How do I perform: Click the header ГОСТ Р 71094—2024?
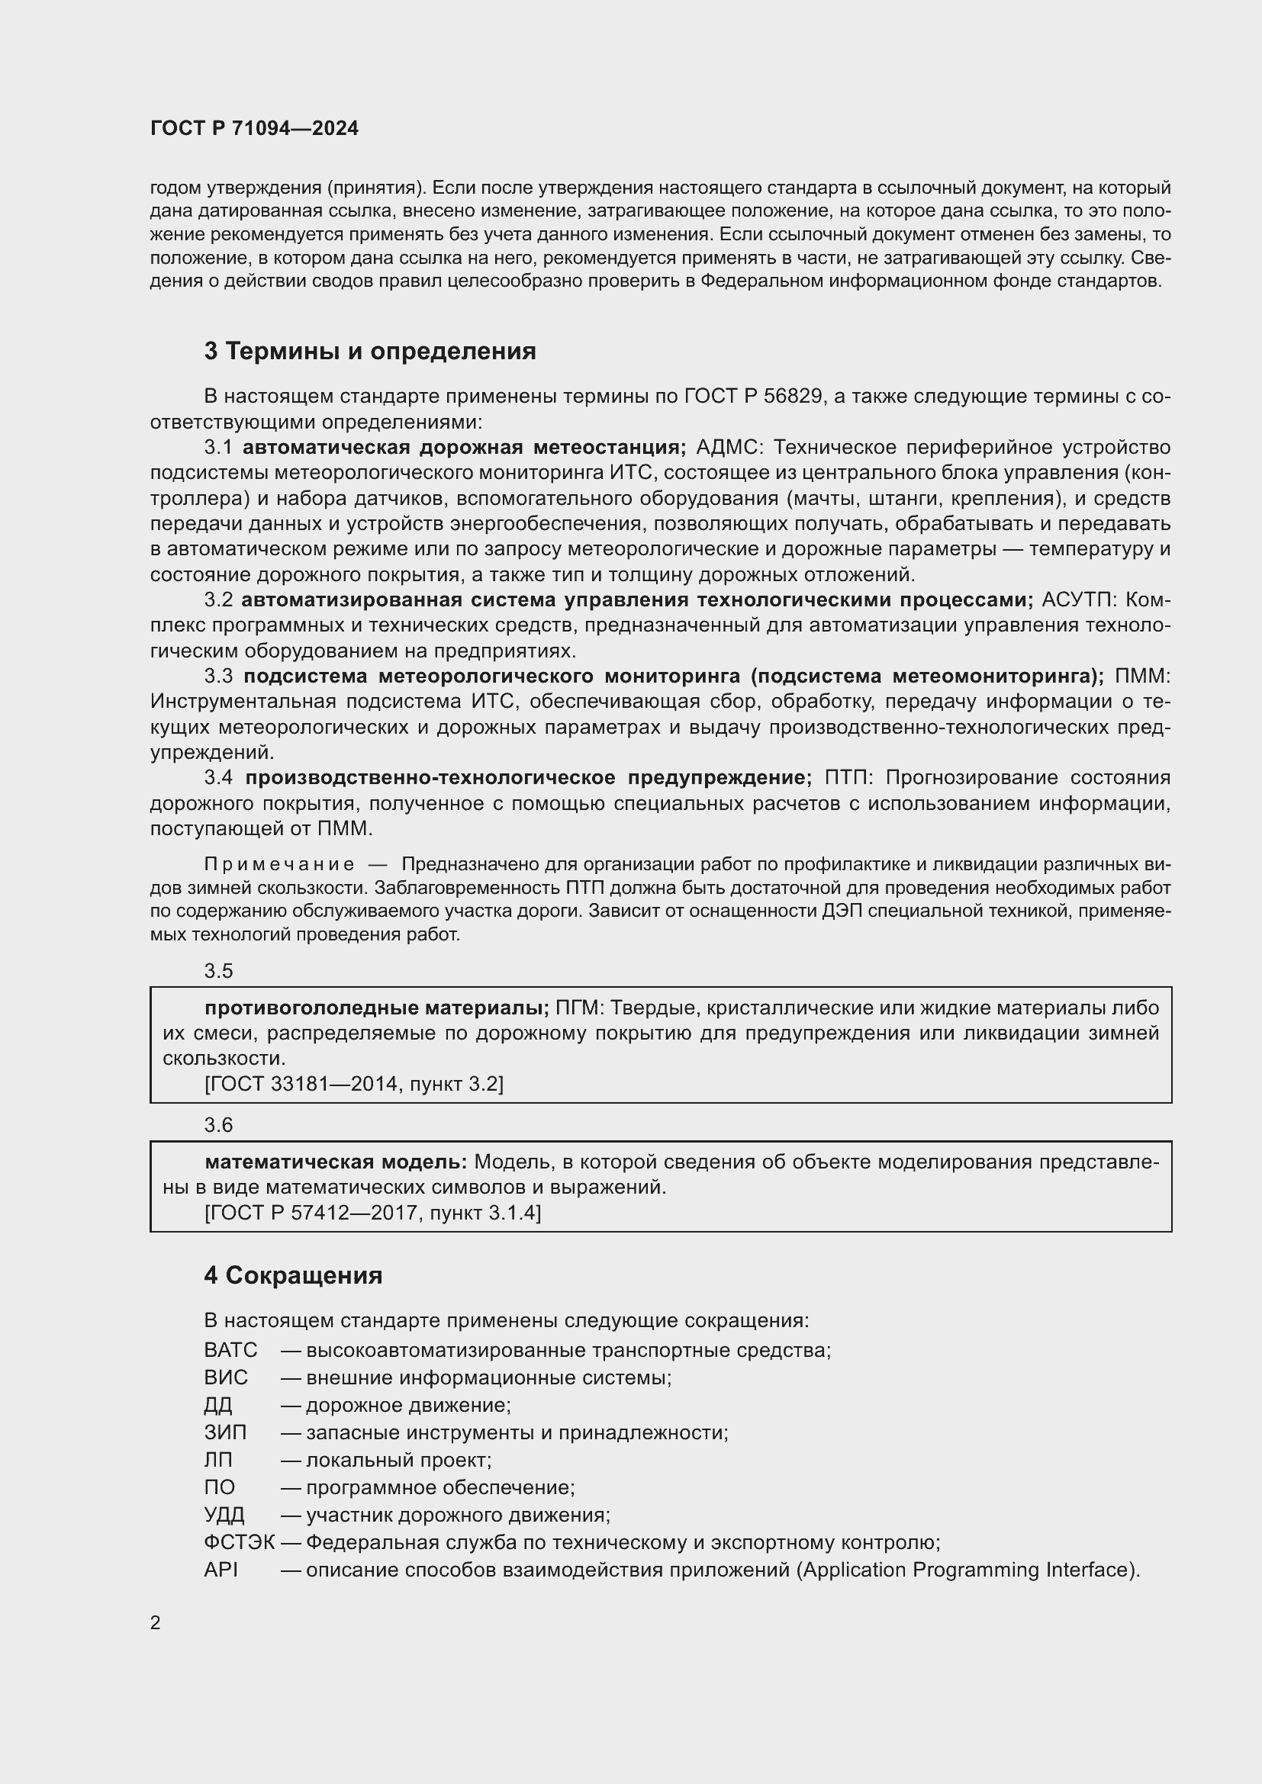(x=254, y=128)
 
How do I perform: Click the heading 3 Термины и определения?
(x=370, y=351)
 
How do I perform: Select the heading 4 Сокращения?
(x=293, y=1275)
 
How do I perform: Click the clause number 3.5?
(x=218, y=970)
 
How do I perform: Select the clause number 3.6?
(x=218, y=1124)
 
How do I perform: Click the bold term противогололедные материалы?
(x=376, y=1008)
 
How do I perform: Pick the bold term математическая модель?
(x=335, y=1162)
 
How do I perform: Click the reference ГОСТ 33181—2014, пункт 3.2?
(x=353, y=1083)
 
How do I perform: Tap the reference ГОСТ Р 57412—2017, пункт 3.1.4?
(x=372, y=1212)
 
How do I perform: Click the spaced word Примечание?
(x=279, y=864)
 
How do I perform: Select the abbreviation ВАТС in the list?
(x=230, y=1350)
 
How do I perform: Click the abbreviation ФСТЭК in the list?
(x=240, y=1542)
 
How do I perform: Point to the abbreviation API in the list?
(x=221, y=1570)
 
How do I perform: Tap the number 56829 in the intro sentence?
(x=792, y=396)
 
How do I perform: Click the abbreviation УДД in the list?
(x=224, y=1515)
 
